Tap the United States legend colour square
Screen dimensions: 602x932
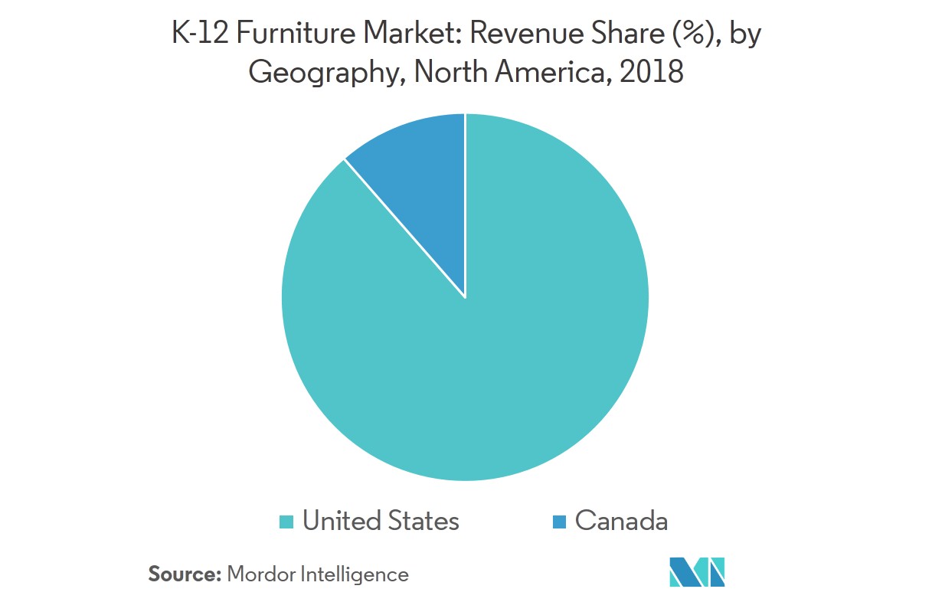(x=287, y=522)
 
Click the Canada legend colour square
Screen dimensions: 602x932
(x=559, y=522)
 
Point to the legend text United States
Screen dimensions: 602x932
(x=381, y=521)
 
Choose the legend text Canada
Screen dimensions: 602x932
(x=621, y=521)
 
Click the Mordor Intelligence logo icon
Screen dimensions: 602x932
(x=697, y=572)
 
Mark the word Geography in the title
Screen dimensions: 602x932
(x=325, y=74)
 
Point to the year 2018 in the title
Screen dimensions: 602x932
(x=655, y=72)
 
